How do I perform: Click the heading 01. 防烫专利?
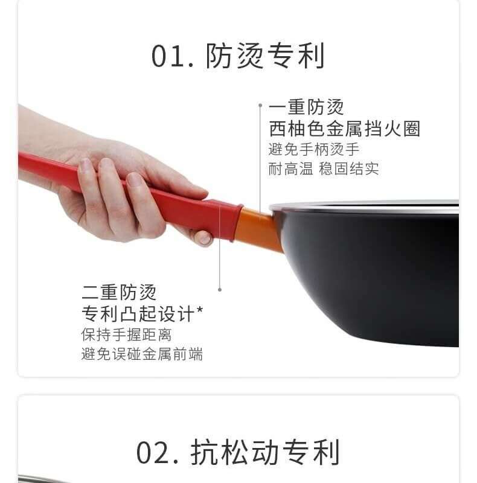237,56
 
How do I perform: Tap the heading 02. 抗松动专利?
238,452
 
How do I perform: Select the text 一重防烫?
306,107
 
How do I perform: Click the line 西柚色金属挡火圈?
345,129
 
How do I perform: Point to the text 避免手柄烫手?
314,150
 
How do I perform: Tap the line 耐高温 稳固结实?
324,169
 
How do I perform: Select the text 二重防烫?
119,292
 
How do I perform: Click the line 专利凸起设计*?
142,314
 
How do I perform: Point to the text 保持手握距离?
126,334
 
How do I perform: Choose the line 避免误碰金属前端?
142,354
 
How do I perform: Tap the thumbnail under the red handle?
203,238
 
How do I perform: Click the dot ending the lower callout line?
220,290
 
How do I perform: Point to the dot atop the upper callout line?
260,105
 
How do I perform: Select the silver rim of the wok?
364,206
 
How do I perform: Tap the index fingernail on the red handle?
135,179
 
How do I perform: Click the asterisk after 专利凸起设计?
199,310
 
